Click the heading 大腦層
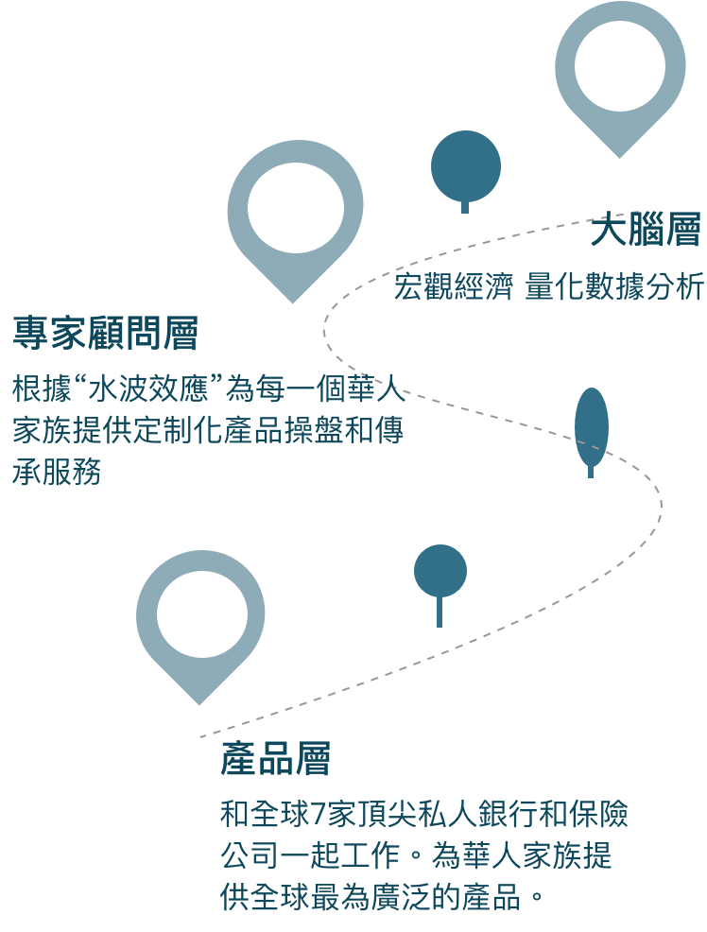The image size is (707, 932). pyautogui.click(x=646, y=232)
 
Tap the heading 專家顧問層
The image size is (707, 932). pyautogui.click(x=105, y=334)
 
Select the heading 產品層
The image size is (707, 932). pyautogui.click(x=275, y=759)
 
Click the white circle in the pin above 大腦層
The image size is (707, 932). pyautogui.click(x=620, y=65)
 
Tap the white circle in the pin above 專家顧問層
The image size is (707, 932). pyautogui.click(x=295, y=208)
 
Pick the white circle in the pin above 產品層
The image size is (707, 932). pyautogui.click(x=201, y=614)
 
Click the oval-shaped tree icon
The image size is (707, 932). pyautogui.click(x=591, y=428)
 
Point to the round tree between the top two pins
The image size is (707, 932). pyautogui.click(x=465, y=165)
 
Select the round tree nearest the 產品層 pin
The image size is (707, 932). pyautogui.click(x=440, y=572)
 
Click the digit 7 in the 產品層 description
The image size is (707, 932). pyautogui.click(x=316, y=814)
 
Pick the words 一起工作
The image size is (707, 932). pyautogui.click(x=339, y=856)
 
